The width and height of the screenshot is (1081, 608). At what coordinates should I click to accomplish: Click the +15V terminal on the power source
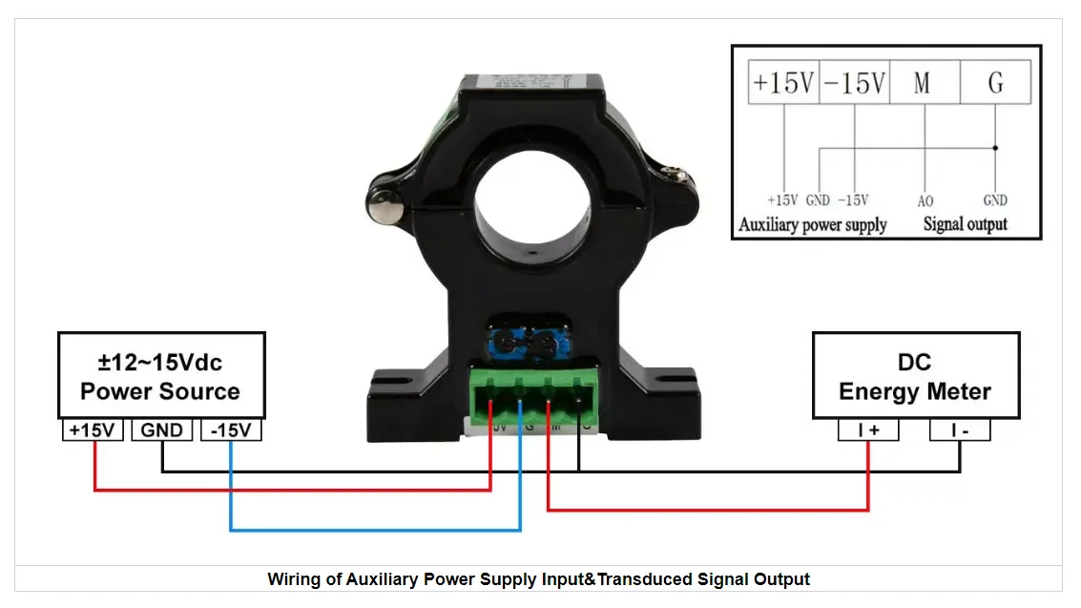(93, 430)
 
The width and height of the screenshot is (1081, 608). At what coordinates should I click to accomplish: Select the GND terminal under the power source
(162, 430)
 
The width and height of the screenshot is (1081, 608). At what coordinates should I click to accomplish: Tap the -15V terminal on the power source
(231, 430)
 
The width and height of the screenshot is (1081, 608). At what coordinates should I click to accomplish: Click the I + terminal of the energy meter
(868, 430)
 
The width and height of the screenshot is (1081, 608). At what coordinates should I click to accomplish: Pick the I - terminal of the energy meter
(960, 430)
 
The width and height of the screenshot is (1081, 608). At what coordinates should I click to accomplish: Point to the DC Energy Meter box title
(915, 377)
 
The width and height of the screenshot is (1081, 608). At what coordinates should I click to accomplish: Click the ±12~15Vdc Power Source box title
(160, 377)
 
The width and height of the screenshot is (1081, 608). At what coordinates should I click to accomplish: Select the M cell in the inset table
(923, 83)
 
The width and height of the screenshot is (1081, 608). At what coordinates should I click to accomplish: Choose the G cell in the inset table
(995, 83)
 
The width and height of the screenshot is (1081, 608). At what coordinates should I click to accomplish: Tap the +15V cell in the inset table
(783, 83)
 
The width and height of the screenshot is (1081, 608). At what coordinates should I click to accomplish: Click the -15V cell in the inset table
(854, 83)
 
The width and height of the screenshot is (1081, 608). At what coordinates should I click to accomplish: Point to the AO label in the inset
(925, 201)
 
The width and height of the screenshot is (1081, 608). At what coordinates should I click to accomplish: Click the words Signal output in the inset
(965, 225)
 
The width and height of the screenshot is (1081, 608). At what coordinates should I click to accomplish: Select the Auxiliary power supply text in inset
(813, 225)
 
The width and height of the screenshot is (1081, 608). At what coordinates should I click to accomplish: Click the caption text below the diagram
(538, 578)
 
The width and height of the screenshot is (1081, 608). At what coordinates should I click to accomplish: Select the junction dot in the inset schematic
(995, 148)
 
